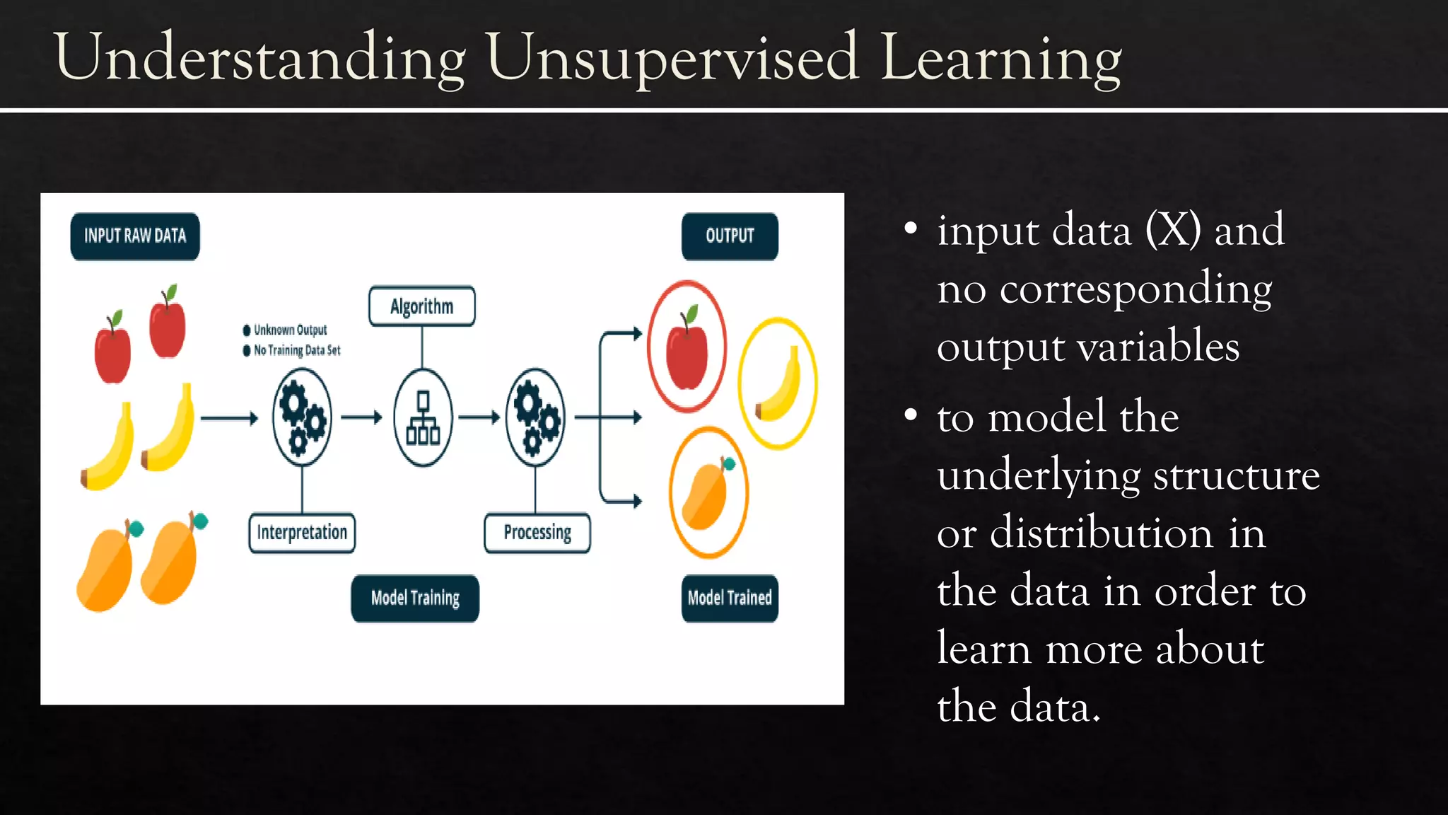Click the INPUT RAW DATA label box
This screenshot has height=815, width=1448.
coord(135,236)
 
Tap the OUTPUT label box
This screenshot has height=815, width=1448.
coord(730,236)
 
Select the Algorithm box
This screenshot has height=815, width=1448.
coord(422,306)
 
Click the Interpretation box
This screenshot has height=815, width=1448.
coord(302,533)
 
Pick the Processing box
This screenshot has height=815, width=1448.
coord(537,533)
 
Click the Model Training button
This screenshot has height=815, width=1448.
coord(415,599)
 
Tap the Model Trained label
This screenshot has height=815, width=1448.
coord(730,599)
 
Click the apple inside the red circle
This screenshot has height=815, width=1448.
coord(687,350)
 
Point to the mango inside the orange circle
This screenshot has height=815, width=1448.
coord(707,495)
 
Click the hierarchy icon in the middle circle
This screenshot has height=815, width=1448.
coord(423,418)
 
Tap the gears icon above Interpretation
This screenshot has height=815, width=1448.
coord(302,418)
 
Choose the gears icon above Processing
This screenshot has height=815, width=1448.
coord(536,418)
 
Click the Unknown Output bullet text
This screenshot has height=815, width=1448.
coord(290,330)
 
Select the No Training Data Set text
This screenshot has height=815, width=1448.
coord(297,350)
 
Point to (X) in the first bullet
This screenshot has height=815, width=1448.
coord(1173,231)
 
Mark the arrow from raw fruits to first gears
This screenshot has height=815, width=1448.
coord(229,418)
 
